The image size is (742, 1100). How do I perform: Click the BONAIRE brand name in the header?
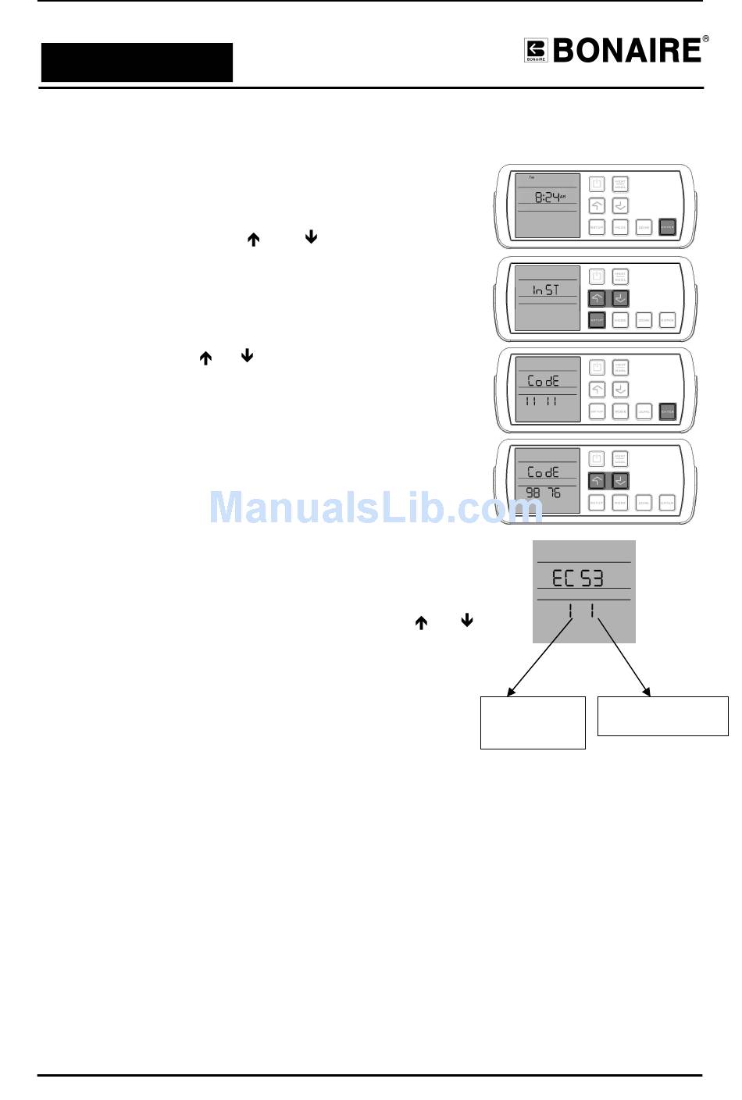pyautogui.click(x=627, y=51)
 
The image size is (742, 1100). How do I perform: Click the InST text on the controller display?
pyautogui.click(x=546, y=290)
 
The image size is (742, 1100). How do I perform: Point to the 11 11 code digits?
pyautogui.click(x=541, y=401)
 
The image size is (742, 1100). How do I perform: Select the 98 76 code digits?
pyautogui.click(x=544, y=493)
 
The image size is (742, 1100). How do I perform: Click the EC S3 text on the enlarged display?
pyautogui.click(x=578, y=578)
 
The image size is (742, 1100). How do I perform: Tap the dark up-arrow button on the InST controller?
pyautogui.click(x=597, y=298)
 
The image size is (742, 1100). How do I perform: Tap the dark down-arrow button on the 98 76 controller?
pyautogui.click(x=620, y=481)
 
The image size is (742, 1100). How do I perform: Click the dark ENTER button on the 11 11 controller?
pyautogui.click(x=667, y=411)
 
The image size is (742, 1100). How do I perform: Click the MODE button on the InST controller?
pyautogui.click(x=620, y=320)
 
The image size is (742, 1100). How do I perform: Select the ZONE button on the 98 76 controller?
pyautogui.click(x=644, y=503)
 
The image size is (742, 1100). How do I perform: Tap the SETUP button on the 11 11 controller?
pyautogui.click(x=597, y=411)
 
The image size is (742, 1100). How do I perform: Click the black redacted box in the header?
pyautogui.click(x=137, y=62)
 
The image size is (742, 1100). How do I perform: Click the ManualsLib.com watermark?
pyautogui.click(x=376, y=507)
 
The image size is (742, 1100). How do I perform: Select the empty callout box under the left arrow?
pyautogui.click(x=533, y=723)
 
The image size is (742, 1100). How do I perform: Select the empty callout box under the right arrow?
pyautogui.click(x=662, y=716)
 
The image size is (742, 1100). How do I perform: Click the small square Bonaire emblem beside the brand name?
pyautogui.click(x=536, y=51)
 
